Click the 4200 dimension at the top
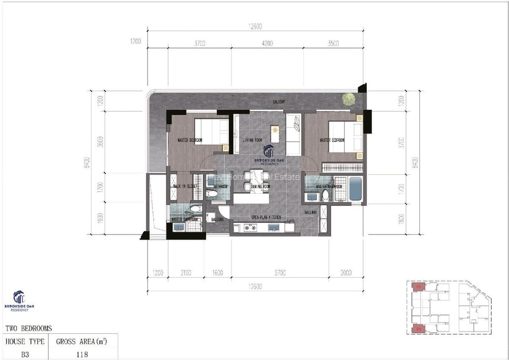(x=267, y=43)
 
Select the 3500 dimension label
(x=333, y=43)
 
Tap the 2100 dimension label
(x=186, y=273)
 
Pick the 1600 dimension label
(x=217, y=273)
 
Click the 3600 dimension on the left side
(x=100, y=142)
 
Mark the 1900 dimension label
(x=100, y=218)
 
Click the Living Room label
(x=252, y=140)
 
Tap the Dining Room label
(x=260, y=187)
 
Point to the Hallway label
(x=311, y=212)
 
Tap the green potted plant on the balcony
(x=349, y=99)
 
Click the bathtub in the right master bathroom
(x=355, y=189)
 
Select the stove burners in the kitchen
(x=250, y=228)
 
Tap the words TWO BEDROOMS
(x=28, y=328)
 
